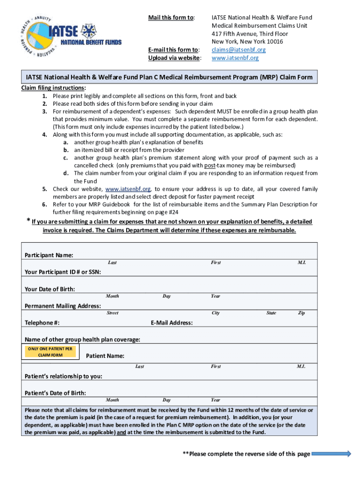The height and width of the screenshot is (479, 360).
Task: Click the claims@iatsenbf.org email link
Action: pos(238,50)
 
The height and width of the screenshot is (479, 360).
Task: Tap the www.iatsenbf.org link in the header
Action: pos(235,58)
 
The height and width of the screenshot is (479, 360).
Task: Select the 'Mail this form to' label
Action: pos(171,18)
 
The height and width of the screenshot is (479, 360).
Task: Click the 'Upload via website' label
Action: pos(175,58)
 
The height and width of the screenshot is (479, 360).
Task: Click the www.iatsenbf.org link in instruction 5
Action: pos(128,189)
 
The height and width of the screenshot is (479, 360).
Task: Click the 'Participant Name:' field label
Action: pos(49,255)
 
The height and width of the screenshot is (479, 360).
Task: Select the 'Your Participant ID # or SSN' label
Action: pos(63,272)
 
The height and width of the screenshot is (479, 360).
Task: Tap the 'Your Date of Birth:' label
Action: pos(50,289)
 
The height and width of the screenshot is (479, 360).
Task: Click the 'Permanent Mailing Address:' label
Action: pos(62,306)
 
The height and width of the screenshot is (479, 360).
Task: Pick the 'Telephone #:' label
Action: pos(42,323)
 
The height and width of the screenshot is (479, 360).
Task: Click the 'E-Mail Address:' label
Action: pos(172,323)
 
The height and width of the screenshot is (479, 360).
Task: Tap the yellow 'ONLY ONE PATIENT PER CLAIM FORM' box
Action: pos(50,352)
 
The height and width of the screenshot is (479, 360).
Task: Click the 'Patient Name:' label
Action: pos(105,356)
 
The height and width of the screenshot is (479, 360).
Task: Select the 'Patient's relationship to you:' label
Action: pos(64,376)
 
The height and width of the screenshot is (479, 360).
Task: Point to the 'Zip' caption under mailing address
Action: pos(302,313)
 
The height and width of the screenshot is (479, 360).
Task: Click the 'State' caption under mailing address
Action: pos(271,313)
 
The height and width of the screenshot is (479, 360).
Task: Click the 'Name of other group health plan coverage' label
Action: pos(82,340)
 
